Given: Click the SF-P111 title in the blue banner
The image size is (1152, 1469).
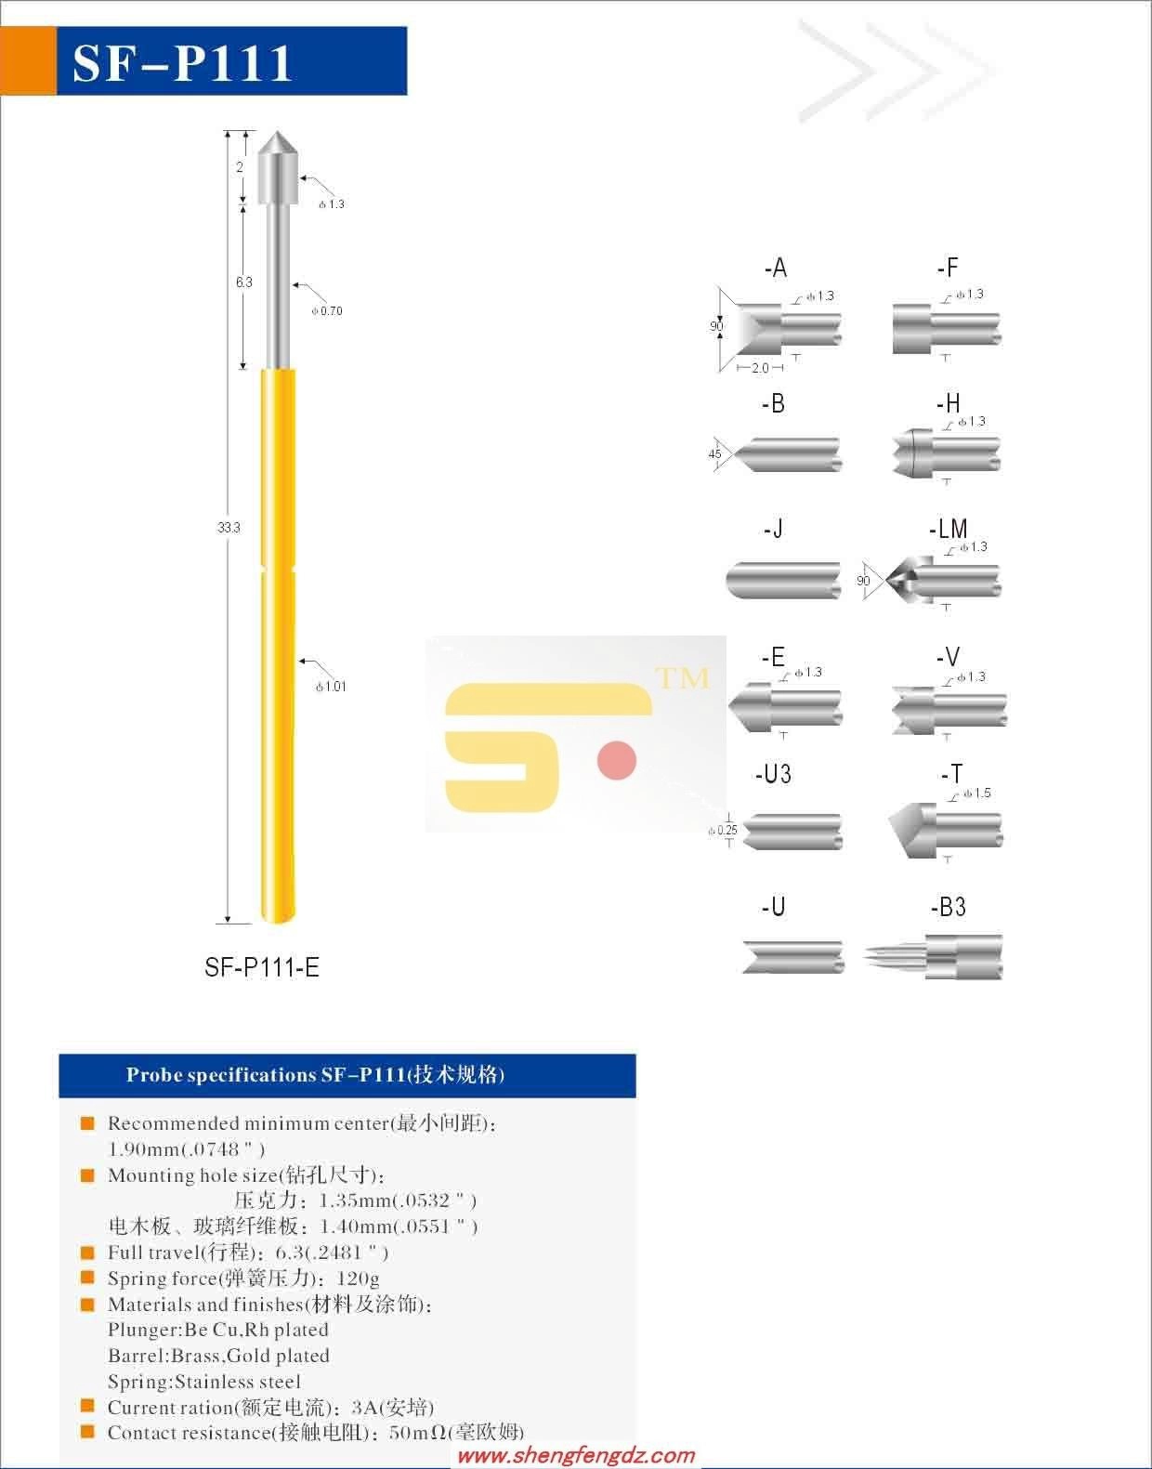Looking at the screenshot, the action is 182,63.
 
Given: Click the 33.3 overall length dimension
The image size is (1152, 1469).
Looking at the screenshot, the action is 229,528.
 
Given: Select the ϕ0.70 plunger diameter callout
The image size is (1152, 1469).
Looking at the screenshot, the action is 327,311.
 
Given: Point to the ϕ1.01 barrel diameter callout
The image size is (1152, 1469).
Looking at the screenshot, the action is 331,687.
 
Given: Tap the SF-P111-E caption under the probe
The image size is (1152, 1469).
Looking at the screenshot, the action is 261,967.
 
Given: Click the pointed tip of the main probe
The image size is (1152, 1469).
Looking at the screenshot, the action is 276,132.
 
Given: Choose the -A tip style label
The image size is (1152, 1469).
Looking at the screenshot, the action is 776,269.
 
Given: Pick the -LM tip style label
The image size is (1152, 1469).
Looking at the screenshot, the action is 948,529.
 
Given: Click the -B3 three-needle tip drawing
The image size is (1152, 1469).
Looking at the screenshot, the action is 933,957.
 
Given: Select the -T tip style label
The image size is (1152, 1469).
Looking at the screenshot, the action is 951,774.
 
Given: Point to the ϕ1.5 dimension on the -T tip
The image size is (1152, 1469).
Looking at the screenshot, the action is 977,793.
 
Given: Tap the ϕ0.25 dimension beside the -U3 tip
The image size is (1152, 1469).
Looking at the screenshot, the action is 722,830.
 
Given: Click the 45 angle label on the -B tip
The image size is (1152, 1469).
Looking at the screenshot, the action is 714,454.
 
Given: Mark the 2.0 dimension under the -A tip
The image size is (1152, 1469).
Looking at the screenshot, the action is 760,368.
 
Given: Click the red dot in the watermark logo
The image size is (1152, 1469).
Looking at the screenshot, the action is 617,760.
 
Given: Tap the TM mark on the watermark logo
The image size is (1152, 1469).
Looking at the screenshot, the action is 683,678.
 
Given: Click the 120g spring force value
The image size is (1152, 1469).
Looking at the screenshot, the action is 358,1279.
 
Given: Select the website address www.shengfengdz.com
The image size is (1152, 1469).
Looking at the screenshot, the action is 576,1455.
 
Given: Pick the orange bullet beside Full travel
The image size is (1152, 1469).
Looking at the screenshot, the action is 87,1252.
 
